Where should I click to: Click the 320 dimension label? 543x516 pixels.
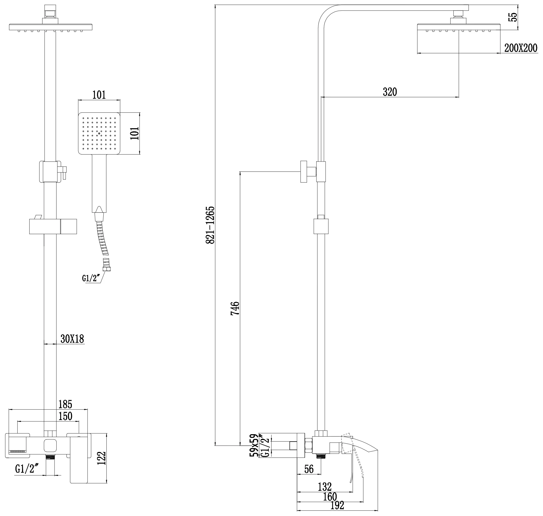pos(390,92)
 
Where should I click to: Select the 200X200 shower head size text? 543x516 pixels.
pos(521,48)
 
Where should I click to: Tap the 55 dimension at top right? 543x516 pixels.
pos(513,17)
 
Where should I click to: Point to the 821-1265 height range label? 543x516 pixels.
pos(210,225)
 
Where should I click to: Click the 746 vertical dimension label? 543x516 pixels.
pos(235,308)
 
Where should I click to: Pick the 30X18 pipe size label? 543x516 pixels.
pos(72,339)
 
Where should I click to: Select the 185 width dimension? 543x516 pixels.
pos(65,404)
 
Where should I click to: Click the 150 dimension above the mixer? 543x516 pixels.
pos(65,416)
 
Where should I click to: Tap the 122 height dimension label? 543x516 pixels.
pos(101,458)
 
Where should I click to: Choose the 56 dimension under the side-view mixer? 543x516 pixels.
pos(309,469)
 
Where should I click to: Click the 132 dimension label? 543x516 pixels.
pos(325,487)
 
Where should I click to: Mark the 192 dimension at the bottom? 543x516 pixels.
pos(337,505)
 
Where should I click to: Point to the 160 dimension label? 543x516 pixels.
pos(330,497)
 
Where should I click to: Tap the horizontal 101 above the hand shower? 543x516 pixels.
pos(99,95)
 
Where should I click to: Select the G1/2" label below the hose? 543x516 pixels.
pos(90,278)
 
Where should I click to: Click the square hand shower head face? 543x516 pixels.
pos(99,133)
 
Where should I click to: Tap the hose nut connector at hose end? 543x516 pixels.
pos(106,269)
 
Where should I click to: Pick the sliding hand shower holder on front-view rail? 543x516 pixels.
pos(53,226)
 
